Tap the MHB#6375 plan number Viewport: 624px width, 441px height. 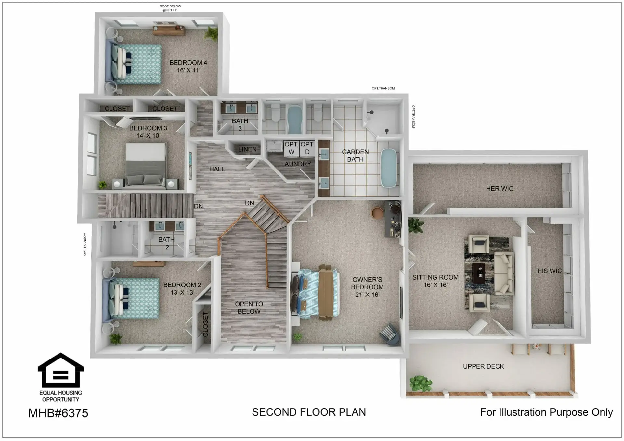pyautogui.click(x=58, y=413)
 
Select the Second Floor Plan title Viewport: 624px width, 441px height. pyautogui.click(x=309, y=412)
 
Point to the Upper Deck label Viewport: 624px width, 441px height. pyautogui.click(x=483, y=366)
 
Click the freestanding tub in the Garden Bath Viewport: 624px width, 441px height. pyautogui.click(x=389, y=168)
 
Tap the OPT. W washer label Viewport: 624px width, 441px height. pyautogui.click(x=291, y=148)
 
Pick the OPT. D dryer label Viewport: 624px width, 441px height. pyautogui.click(x=307, y=148)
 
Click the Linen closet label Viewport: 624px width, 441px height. pyautogui.click(x=247, y=149)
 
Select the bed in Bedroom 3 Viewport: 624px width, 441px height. pyautogui.click(x=146, y=166)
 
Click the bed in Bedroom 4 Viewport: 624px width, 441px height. pyautogui.click(x=135, y=64)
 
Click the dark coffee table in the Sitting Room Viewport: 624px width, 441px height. pyautogui.click(x=478, y=271)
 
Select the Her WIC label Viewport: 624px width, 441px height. pyautogui.click(x=500, y=189)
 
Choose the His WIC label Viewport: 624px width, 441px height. pyautogui.click(x=549, y=271)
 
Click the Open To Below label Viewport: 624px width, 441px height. pyautogui.click(x=249, y=308)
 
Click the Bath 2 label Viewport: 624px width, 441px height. pyautogui.click(x=166, y=243)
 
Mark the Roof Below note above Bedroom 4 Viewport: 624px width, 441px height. pyautogui.click(x=170, y=8)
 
